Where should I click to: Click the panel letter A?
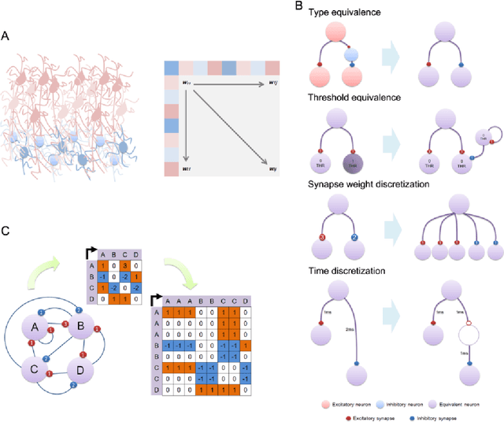point(7,35)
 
